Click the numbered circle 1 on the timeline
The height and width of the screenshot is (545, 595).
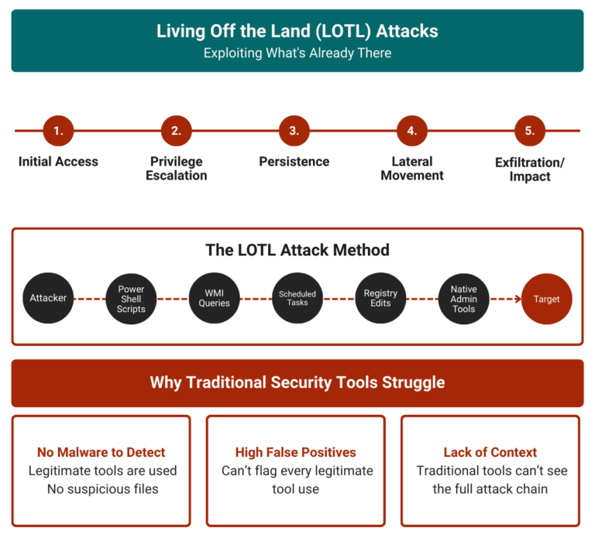coord(58,131)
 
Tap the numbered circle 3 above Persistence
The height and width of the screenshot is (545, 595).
coord(294,131)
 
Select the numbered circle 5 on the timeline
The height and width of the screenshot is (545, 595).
coord(530,131)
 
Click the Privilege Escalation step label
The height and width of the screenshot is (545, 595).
coord(176,169)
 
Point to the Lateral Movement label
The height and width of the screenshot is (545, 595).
coord(412,169)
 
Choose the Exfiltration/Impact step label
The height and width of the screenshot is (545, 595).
coord(530,169)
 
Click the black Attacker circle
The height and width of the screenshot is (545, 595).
coord(48,299)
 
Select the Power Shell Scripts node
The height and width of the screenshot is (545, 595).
coord(131,299)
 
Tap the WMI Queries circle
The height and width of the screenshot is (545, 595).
coord(215,299)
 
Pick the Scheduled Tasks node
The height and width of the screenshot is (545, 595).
coord(297,299)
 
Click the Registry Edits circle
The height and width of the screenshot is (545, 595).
coord(380,299)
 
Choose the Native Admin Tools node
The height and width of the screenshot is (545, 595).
coord(463,299)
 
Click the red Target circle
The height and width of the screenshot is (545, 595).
coord(546,299)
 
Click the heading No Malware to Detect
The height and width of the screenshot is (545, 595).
coord(101,452)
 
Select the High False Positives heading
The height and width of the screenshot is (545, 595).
coord(295,452)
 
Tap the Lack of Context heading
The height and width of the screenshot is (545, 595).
coord(490,452)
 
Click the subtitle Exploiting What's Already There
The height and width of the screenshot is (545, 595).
coord(297,53)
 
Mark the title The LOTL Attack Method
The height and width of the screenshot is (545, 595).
coord(297,250)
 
